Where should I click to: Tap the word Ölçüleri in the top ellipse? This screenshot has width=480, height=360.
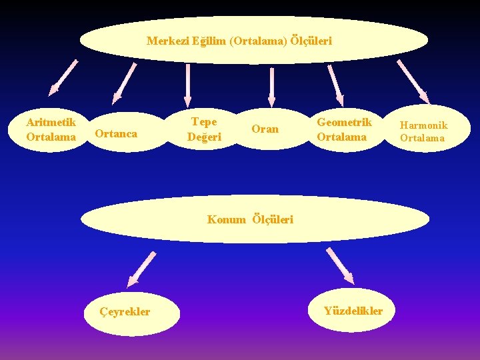click(311, 41)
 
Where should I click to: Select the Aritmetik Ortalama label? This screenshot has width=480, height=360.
click(51, 129)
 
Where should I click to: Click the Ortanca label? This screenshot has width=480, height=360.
click(116, 133)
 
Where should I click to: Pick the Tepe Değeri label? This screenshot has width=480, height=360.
click(204, 129)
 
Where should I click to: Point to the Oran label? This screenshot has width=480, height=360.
click(265, 129)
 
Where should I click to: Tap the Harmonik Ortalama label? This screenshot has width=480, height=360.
click(423, 131)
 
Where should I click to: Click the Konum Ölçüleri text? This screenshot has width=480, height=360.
click(250, 219)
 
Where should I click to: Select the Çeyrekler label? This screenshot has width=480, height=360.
click(125, 311)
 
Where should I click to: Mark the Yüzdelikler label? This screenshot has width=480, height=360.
click(353, 311)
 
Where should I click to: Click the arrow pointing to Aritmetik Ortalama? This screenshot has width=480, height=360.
click(63, 79)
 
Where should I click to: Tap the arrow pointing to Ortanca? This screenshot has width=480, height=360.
click(125, 83)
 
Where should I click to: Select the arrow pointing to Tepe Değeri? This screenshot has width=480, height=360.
click(189, 85)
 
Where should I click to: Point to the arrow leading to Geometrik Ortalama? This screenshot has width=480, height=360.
click(335, 85)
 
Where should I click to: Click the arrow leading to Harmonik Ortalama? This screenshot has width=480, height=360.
click(413, 82)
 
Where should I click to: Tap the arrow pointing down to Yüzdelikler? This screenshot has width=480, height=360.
click(340, 265)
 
